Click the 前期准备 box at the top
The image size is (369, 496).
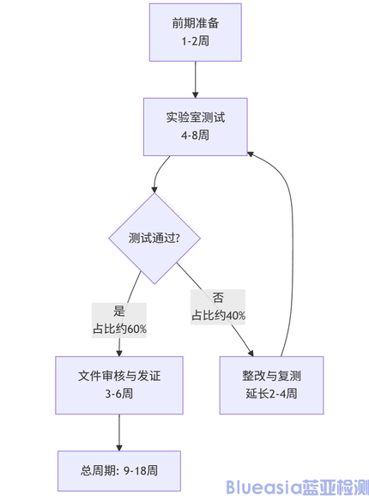point(195,32)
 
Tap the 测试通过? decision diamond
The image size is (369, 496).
point(154,238)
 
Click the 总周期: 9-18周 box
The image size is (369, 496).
point(119,469)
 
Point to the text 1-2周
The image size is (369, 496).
point(195,41)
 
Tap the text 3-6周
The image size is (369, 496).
point(119,395)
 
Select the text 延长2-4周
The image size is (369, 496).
point(271,395)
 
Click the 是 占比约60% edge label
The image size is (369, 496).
point(119,320)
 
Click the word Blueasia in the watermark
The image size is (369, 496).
point(263,487)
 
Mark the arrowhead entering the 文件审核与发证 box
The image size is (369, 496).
point(119,351)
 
